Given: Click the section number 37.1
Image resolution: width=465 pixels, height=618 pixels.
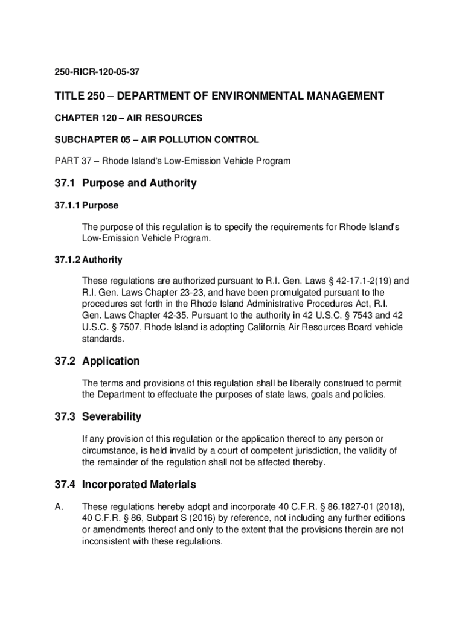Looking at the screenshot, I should [x=64, y=183].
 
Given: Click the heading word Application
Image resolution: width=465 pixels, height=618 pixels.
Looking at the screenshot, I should [x=111, y=361].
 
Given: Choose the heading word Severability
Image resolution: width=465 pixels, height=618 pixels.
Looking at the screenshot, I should [x=112, y=416].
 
